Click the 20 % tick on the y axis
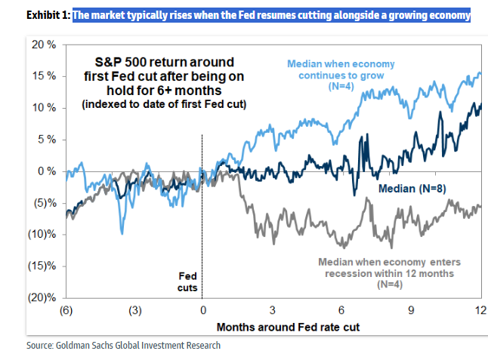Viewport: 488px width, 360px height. [x=44, y=45]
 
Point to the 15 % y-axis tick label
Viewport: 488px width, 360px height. [x=44, y=76]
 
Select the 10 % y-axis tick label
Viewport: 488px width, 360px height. [x=44, y=108]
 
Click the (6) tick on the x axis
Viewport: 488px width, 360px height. [x=66, y=310]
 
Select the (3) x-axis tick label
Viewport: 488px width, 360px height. [x=134, y=310]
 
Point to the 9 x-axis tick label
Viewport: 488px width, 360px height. [x=411, y=310]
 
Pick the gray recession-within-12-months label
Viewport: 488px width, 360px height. [x=388, y=274]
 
